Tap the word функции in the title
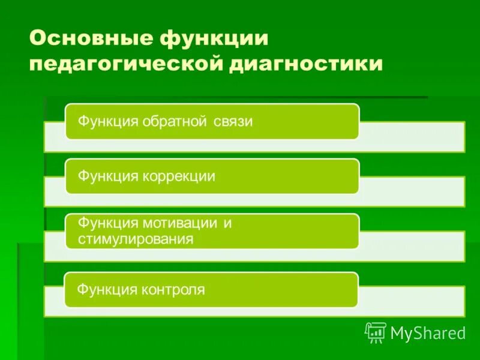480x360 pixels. pyautogui.click(x=214, y=40)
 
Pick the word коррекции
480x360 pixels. pyautogui.click(x=179, y=177)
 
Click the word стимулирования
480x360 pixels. pyautogui.click(x=136, y=239)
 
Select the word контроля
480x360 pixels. pyautogui.click(x=174, y=290)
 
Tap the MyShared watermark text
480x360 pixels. pyautogui.click(x=428, y=332)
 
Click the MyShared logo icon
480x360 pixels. pyautogui.click(x=376, y=332)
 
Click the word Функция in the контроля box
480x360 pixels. pyautogui.click(x=107, y=290)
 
